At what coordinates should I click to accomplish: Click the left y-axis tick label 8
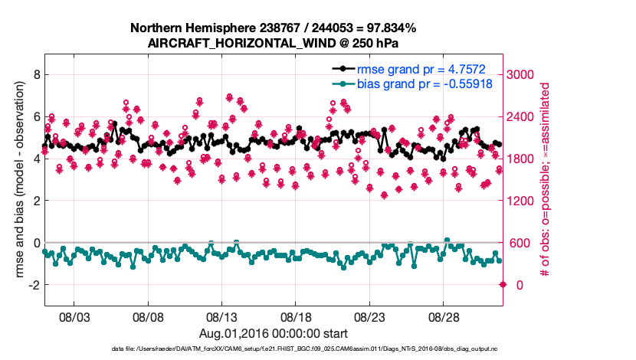[34, 74]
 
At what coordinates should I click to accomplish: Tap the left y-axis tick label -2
[31, 285]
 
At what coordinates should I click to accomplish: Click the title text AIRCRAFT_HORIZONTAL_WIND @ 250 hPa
[274, 43]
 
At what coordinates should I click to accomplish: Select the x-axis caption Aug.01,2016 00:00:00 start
[274, 333]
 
